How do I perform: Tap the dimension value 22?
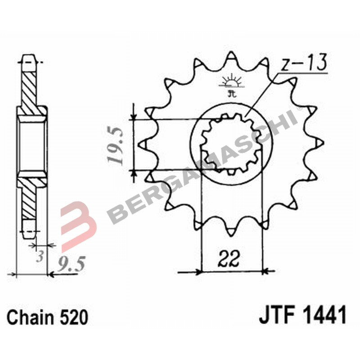(230, 258)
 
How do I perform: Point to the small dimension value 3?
(40, 257)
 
